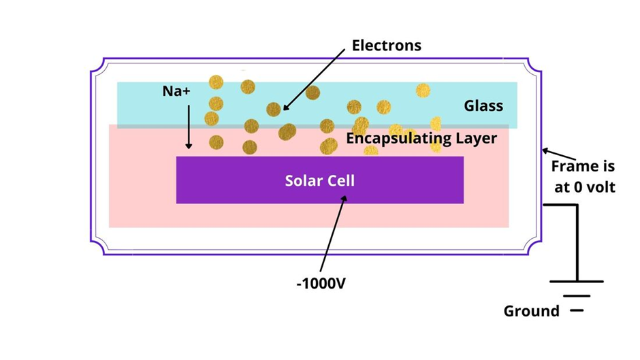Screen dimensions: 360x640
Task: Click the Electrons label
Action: (386, 46)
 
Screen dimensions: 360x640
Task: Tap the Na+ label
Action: (176, 91)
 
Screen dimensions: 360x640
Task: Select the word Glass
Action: (483, 105)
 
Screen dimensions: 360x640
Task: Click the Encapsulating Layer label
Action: (422, 139)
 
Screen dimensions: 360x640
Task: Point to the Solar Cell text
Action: (320, 181)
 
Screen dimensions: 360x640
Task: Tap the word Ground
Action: (531, 311)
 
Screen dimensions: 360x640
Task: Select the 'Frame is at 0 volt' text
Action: (583, 176)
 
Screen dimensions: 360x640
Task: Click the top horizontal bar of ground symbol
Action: (577, 281)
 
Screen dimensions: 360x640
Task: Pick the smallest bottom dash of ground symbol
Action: (577, 310)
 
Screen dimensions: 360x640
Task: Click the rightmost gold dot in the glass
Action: (423, 91)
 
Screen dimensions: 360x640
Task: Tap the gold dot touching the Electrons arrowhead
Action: (274, 109)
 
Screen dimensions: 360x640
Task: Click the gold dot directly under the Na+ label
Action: (216, 103)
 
